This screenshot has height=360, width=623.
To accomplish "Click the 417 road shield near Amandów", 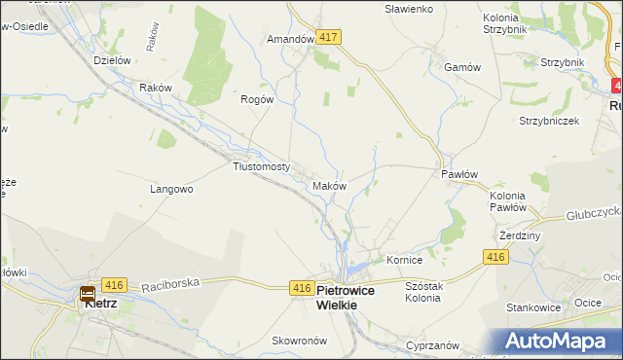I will tap(328, 37).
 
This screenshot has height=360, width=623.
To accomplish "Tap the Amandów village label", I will tap(290, 40).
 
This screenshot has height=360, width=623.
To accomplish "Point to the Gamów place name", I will tap(462, 67).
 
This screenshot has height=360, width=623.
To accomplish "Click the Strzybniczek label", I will tap(549, 121).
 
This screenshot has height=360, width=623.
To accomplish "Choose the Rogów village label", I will tap(258, 98).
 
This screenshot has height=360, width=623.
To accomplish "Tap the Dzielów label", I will tap(112, 60).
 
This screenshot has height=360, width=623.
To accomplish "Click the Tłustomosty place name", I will tap(262, 166).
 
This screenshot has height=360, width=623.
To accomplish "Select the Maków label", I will tap(328, 185).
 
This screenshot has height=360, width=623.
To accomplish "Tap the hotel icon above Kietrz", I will tap(88, 291).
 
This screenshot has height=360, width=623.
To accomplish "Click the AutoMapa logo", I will tap(558, 342).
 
